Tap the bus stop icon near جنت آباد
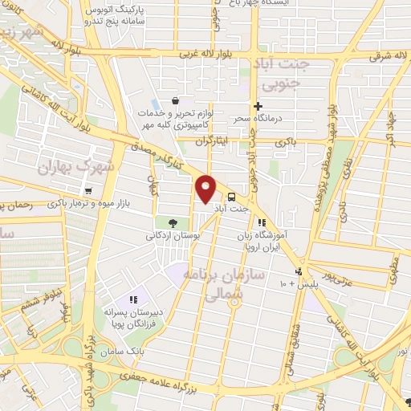click(232, 197)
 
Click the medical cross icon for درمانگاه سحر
click(258, 106)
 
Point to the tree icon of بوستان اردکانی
click(173, 222)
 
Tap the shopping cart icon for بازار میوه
click(87, 191)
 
